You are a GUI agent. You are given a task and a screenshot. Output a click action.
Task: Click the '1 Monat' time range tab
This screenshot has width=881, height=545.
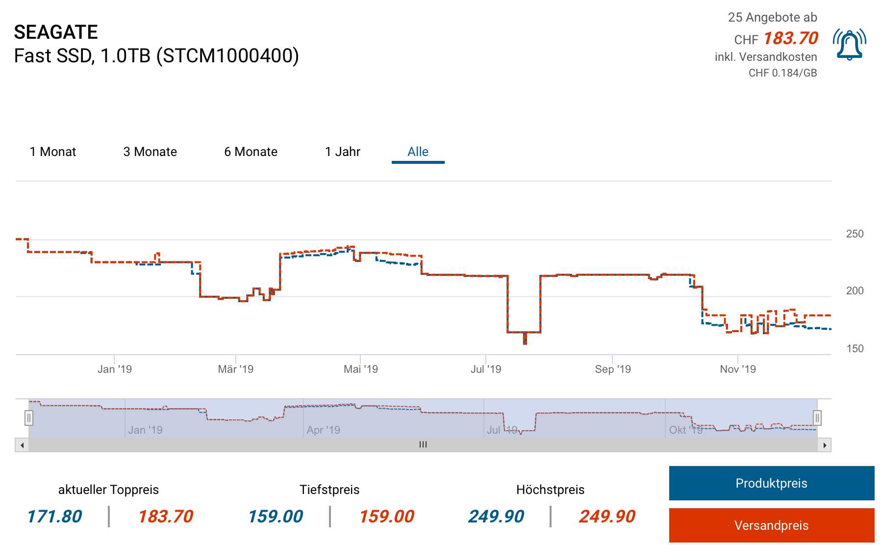(53, 152)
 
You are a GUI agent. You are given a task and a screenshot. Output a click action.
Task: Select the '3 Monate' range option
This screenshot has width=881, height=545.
(150, 152)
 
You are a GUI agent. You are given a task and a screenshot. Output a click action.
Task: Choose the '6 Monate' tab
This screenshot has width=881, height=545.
(251, 152)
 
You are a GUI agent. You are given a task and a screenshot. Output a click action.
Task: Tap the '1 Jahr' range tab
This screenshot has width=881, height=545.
(342, 152)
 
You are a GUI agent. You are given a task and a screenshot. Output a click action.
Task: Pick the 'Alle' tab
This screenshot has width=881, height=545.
(418, 152)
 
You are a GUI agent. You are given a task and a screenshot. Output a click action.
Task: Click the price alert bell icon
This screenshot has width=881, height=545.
(849, 45)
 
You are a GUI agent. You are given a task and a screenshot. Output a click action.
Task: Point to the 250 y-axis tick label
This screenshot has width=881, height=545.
(855, 234)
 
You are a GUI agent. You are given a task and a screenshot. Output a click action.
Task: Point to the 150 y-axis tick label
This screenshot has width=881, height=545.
(855, 349)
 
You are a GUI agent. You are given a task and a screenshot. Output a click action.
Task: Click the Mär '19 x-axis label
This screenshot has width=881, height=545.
(235, 369)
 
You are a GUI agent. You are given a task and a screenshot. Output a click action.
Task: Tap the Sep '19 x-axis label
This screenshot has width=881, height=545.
(612, 369)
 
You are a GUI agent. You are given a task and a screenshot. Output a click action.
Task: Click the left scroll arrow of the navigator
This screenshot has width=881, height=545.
(22, 445)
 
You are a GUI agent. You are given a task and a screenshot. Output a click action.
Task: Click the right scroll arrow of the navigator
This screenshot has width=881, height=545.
(825, 445)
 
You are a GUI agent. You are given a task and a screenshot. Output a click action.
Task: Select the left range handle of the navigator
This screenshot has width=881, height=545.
(29, 418)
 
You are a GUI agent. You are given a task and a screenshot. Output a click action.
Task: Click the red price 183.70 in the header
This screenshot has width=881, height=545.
(790, 38)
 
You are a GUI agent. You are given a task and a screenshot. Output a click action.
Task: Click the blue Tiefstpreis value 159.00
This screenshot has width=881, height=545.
(276, 517)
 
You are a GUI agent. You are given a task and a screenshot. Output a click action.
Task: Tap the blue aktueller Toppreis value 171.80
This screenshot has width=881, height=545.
(54, 517)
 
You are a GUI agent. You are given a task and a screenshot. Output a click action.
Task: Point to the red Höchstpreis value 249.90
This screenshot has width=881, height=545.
(607, 517)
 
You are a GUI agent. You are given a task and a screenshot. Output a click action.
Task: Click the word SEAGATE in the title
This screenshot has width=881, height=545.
(56, 32)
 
